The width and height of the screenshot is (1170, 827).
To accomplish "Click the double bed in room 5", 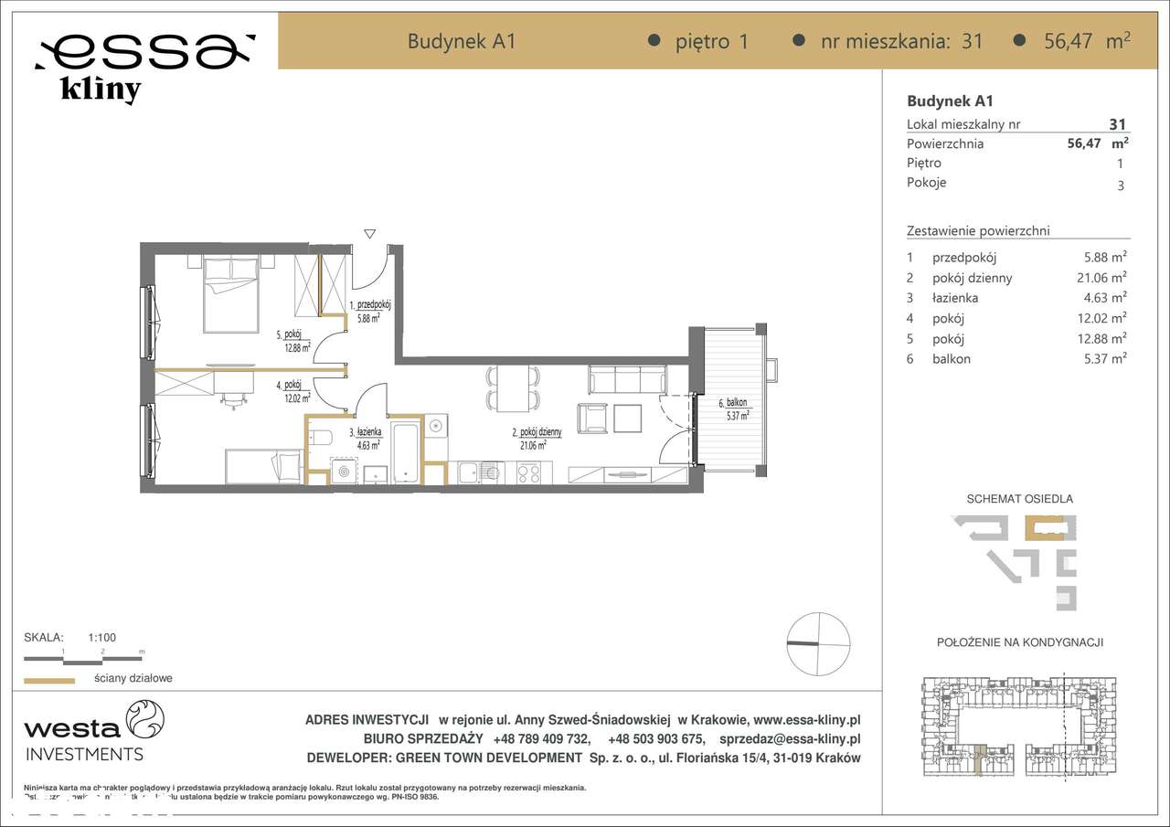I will [x=231, y=294].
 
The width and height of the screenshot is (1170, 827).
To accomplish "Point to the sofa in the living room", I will [x=627, y=379].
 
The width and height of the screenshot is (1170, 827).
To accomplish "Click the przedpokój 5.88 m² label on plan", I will [x=370, y=312].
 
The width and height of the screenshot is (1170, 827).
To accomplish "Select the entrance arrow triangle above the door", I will [x=369, y=234].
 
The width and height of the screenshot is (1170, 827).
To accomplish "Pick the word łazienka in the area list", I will [x=955, y=298].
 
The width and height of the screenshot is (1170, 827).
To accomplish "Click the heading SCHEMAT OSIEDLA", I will [x=1019, y=499].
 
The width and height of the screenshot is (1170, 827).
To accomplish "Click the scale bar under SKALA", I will [x=82, y=657].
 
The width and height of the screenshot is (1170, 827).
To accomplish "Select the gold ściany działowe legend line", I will [x=48, y=680].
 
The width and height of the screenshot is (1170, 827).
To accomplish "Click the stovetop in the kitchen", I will [x=529, y=472].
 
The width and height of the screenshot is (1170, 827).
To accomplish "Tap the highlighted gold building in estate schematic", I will [x=1044, y=530].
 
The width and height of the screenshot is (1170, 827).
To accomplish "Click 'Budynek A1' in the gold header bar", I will [x=462, y=41].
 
